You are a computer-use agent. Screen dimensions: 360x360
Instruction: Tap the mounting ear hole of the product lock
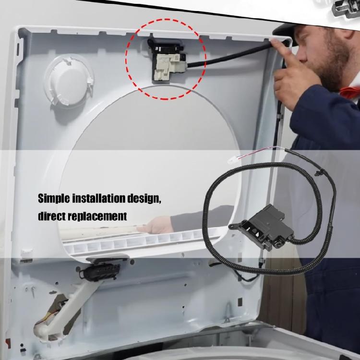pyautogui.click(x=232, y=222)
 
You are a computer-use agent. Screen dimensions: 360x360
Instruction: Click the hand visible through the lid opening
pyautogui.click(x=158, y=225)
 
